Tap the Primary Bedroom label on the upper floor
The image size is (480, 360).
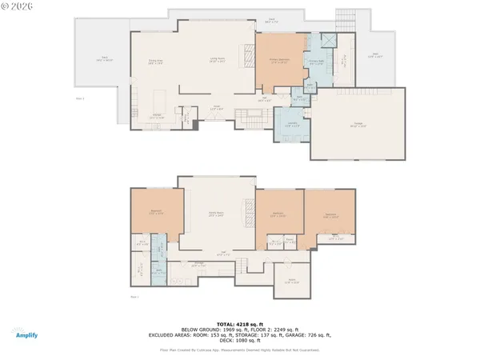280,62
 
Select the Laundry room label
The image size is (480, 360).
292,125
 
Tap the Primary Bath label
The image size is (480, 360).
316,61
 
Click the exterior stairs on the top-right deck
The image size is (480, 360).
345,20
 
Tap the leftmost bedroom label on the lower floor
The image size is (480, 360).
156,212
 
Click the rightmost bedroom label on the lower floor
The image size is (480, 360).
330,214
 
